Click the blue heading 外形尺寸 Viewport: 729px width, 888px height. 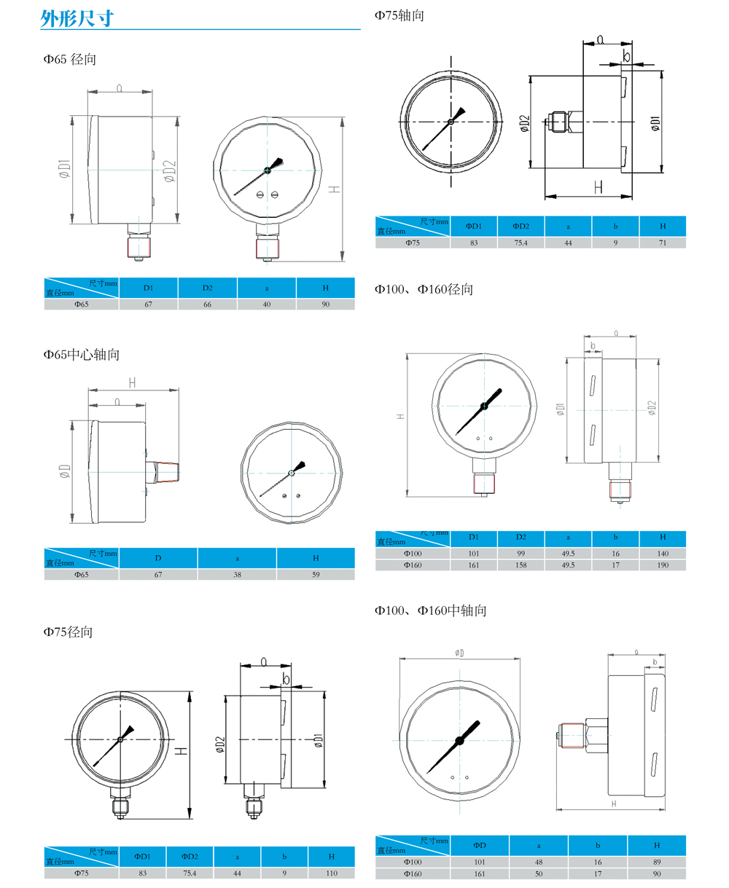77,18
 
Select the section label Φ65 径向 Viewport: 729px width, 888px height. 69,59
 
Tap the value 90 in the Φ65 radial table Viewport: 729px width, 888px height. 325,304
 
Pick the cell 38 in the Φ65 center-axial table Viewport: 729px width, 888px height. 237,574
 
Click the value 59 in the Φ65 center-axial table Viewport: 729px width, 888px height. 316,574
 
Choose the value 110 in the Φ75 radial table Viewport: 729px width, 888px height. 332,873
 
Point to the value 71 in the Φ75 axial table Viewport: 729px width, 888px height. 663,243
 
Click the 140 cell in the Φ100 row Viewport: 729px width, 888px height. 663,553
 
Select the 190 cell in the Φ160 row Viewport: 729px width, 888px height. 663,565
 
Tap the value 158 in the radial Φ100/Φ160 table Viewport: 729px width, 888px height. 521,565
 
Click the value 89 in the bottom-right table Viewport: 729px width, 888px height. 657,862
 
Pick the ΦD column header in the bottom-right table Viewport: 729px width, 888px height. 480,845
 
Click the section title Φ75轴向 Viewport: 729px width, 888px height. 399,15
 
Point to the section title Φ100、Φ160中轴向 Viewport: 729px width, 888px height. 430,610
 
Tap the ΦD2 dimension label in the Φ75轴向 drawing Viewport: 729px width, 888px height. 524,123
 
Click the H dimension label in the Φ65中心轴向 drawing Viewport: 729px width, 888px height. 133,382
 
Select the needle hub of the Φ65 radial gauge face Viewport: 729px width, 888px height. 267,170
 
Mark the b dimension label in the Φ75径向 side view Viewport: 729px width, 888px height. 286,678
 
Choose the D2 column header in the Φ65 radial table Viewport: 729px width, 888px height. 207,288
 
